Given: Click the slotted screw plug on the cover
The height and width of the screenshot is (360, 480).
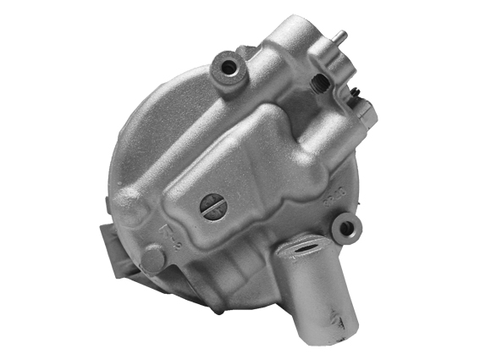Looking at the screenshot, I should [x=212, y=206].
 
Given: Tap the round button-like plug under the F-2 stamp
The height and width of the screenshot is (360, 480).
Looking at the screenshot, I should [x=153, y=258].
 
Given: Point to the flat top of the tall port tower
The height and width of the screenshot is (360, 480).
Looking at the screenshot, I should [x=292, y=30].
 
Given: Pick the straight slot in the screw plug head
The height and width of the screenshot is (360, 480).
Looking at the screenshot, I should [x=212, y=206].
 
